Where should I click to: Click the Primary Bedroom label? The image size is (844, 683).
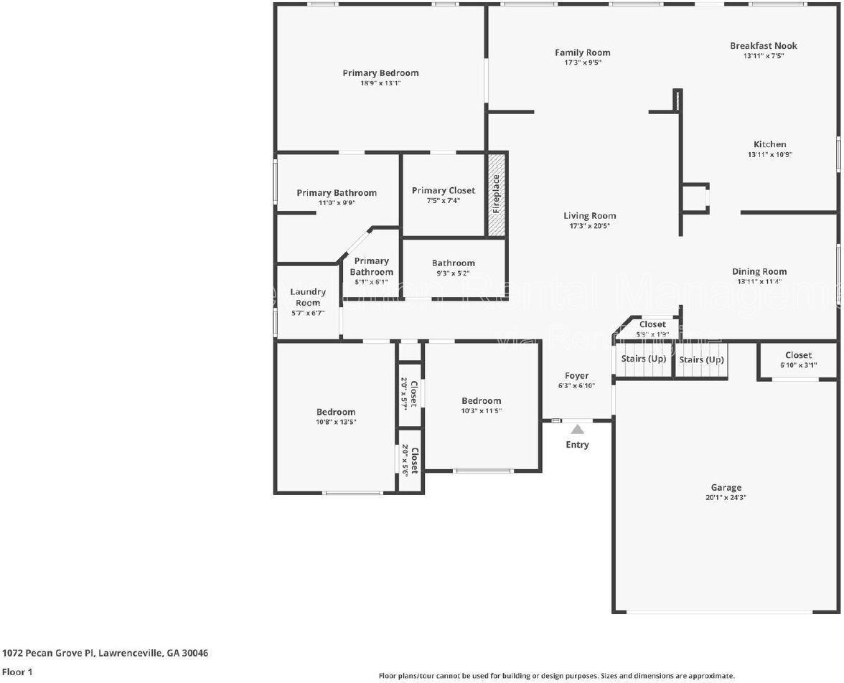pyautogui.click(x=380, y=73)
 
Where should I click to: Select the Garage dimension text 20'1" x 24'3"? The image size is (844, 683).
pyautogui.click(x=726, y=497)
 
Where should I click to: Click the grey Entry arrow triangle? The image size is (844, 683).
pyautogui.click(x=577, y=430)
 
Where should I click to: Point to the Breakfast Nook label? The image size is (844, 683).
pyautogui.click(x=764, y=46)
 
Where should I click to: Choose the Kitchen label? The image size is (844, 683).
pyautogui.click(x=769, y=144)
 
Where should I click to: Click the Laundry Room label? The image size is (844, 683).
pyautogui.click(x=308, y=297)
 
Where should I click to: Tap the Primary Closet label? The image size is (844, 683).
pyautogui.click(x=443, y=190)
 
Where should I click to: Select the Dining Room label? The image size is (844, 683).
pyautogui.click(x=759, y=271)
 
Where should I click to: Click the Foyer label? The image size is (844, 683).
pyautogui.click(x=576, y=375)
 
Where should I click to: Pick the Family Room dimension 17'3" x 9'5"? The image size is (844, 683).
pyautogui.click(x=582, y=62)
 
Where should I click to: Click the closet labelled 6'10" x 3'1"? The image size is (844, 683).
pyautogui.click(x=798, y=355)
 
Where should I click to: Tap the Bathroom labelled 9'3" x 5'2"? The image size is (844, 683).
pyautogui.click(x=453, y=263)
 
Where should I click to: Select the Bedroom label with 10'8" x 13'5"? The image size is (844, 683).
pyautogui.click(x=336, y=412)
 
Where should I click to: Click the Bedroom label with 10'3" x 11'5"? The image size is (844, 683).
pyautogui.click(x=481, y=401)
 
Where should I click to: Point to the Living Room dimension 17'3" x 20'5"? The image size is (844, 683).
pyautogui.click(x=589, y=226)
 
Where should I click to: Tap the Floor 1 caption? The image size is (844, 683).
pyautogui.click(x=17, y=672)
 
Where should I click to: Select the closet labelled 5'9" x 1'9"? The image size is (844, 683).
pyautogui.click(x=652, y=325)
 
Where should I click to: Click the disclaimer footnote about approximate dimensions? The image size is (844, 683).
pyautogui.click(x=556, y=676)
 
